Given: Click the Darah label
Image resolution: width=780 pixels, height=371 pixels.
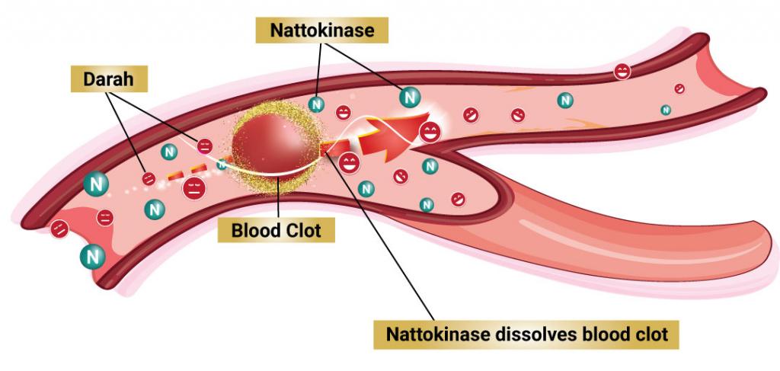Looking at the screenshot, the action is coord(109,79).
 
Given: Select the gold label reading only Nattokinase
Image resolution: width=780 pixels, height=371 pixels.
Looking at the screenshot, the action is coord(322,30).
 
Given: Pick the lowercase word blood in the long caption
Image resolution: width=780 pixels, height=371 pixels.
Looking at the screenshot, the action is coord(591,334).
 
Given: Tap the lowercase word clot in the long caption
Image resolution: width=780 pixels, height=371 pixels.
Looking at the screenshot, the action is coord(650,334).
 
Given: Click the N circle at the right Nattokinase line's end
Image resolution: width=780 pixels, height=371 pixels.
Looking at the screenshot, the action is coord(409,97).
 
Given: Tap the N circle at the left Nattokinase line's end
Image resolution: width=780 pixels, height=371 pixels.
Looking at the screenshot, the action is coord(316,104).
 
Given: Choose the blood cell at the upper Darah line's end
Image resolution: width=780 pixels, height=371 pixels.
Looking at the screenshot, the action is coord(204,146).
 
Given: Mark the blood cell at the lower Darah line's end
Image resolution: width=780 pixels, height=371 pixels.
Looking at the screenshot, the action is coord(149,178).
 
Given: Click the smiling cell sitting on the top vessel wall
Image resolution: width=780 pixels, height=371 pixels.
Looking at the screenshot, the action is coord(622,72).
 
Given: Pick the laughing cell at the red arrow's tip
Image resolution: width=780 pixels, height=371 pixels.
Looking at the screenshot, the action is coord(430,133).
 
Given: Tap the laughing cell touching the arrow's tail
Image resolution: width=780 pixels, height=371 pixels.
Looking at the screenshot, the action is coord(349,162).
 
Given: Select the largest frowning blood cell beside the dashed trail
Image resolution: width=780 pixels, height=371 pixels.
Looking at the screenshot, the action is coord(194,189).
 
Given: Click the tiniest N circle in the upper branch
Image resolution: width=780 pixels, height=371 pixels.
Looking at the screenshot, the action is coord(666,110).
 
